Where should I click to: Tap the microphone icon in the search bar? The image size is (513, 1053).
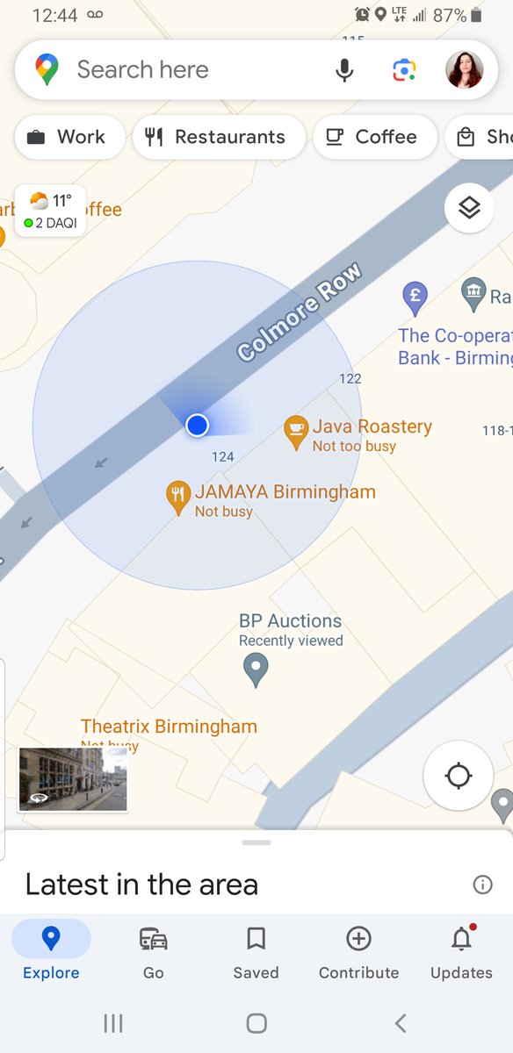click(345, 70)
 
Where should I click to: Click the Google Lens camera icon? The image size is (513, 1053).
click(404, 70)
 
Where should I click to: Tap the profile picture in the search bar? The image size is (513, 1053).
click(465, 70)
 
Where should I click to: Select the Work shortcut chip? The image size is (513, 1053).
click(69, 138)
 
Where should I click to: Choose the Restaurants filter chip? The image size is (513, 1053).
click(218, 138)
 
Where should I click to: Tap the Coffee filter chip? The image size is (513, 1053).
click(374, 138)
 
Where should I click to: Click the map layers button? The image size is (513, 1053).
click(470, 208)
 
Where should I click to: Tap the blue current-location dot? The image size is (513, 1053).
click(197, 426)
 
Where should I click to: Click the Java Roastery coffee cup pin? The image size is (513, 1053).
click(296, 430)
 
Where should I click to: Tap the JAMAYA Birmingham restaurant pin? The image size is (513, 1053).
click(178, 497)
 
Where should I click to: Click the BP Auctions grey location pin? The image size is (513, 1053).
click(256, 671)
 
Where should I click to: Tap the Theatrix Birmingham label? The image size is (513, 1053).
click(169, 727)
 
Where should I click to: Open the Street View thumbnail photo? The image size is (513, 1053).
click(74, 779)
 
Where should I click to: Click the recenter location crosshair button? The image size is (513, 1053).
click(459, 777)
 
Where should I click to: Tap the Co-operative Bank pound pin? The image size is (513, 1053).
click(415, 297)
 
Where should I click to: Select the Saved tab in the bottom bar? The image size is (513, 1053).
click(256, 952)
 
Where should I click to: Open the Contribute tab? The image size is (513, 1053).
click(358, 952)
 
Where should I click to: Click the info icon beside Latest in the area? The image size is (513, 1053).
click(482, 885)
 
